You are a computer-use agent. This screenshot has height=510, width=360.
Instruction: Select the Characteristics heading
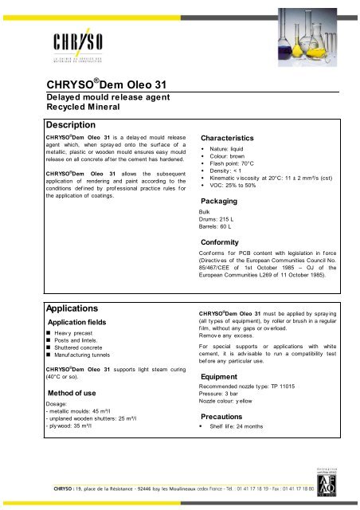coord(237,137)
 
